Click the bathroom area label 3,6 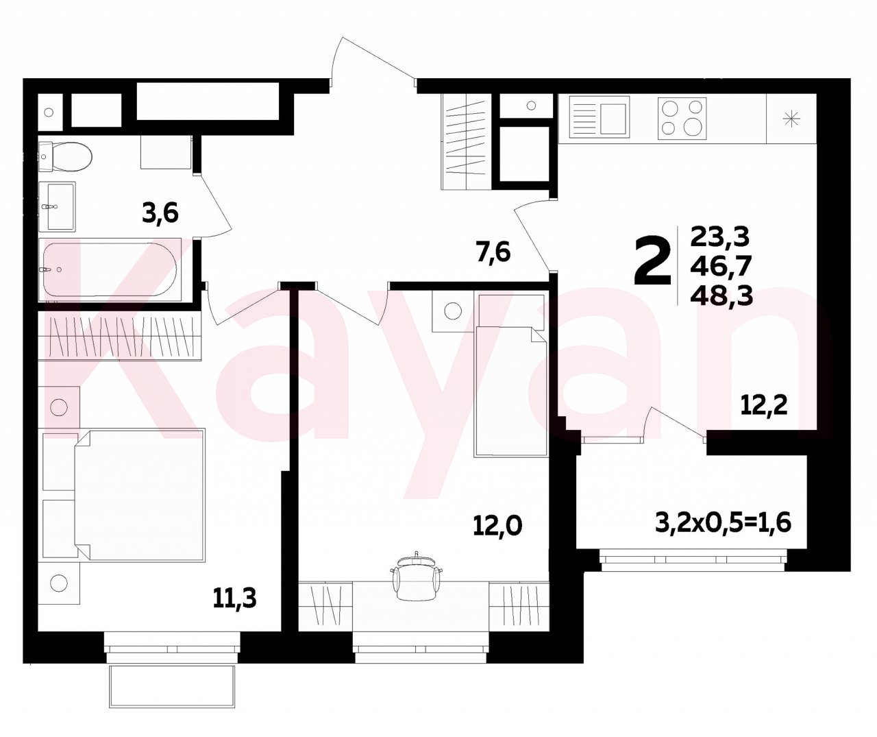coord(160,213)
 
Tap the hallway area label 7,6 coord(493,254)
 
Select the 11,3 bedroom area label coord(234,599)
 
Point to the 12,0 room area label coord(497,526)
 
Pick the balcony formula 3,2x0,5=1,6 coord(723,523)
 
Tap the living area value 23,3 coord(720,237)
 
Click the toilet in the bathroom coord(65,156)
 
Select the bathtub coord(110,269)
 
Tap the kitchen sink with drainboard coord(600,117)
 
